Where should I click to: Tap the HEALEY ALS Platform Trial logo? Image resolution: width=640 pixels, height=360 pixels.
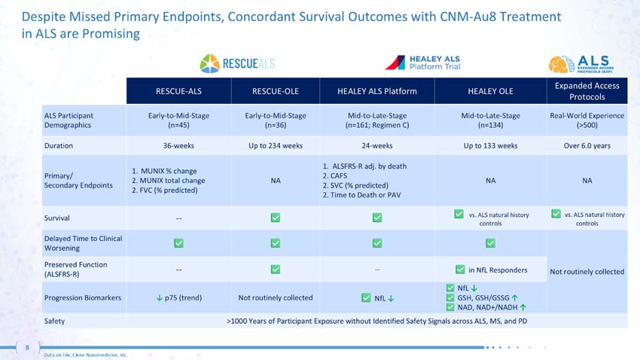pyautogui.click(x=422, y=63)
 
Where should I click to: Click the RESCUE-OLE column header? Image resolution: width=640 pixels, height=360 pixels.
pyautogui.click(x=276, y=91)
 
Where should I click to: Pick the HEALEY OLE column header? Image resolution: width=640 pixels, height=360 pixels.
pyautogui.click(x=490, y=91)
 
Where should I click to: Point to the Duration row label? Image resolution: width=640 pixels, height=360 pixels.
pyautogui.click(x=59, y=145)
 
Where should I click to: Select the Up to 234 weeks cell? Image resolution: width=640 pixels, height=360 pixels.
pyautogui.click(x=276, y=145)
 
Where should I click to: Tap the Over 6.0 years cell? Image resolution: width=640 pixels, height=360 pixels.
pyautogui.click(x=587, y=145)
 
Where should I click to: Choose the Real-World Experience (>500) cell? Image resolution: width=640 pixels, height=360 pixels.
pyautogui.click(x=587, y=121)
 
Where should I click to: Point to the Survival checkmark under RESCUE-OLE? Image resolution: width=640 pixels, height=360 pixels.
pyautogui.click(x=276, y=218)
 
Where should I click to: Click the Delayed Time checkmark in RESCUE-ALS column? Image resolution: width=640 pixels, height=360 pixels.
pyautogui.click(x=178, y=243)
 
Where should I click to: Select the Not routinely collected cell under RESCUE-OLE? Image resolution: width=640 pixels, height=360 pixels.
pyautogui.click(x=276, y=297)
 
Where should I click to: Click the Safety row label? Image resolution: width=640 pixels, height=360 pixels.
pyautogui.click(x=54, y=321)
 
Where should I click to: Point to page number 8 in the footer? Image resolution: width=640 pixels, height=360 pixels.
pyautogui.click(x=27, y=347)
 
